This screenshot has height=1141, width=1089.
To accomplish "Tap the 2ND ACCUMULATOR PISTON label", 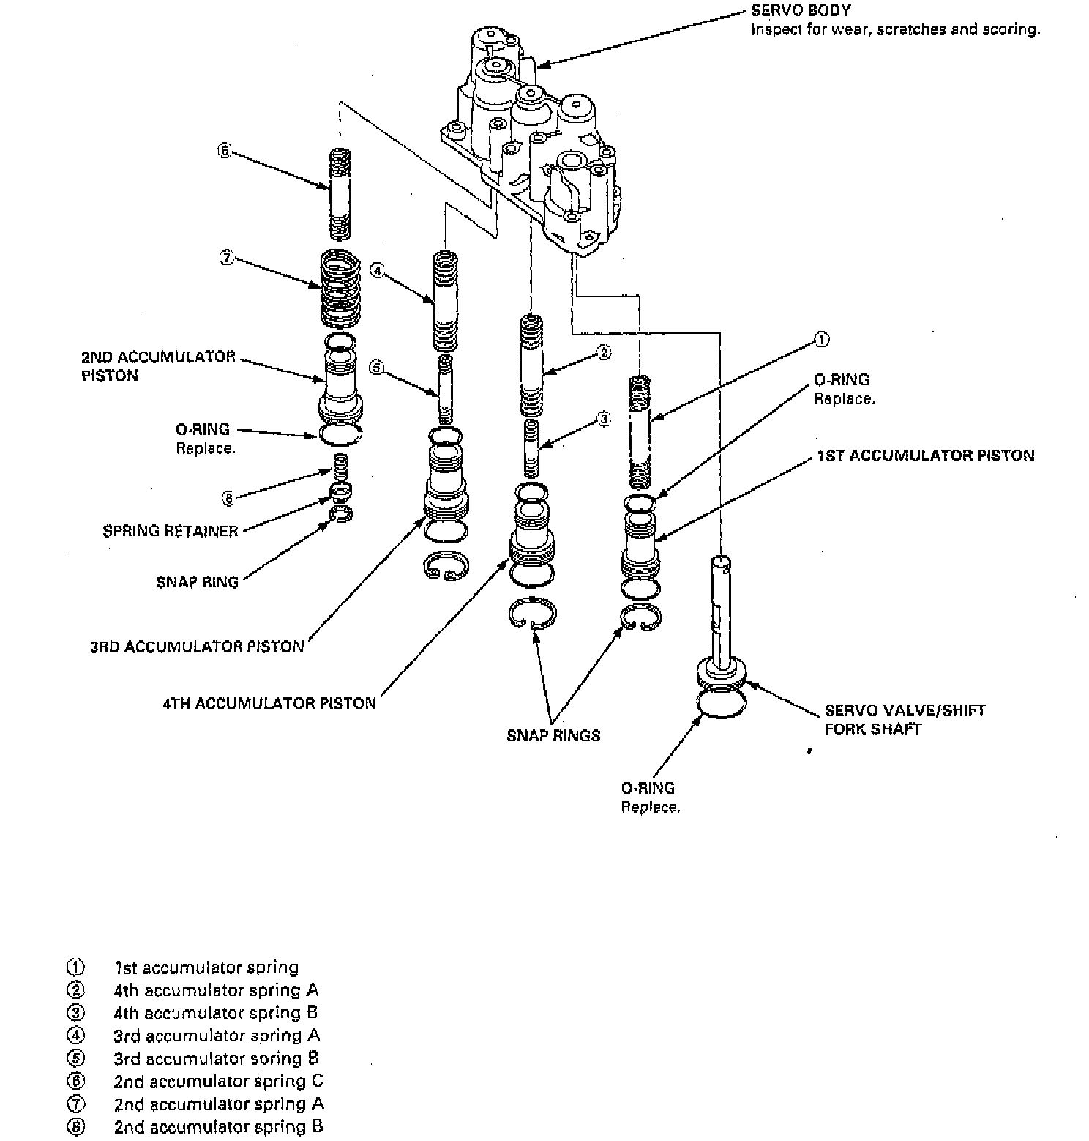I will point(158,366).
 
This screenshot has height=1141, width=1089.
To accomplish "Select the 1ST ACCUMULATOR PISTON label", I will point(926,456).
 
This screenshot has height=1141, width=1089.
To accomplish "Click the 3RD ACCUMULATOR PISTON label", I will point(197,647).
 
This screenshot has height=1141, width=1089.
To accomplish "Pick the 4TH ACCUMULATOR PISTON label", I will point(269,704).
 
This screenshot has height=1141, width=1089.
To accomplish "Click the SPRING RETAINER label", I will point(171,532).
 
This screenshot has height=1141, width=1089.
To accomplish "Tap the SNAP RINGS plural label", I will point(553,736).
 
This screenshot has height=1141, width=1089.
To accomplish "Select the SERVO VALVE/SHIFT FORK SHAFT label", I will point(905,720).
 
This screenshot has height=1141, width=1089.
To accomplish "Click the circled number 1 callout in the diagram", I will point(822,340).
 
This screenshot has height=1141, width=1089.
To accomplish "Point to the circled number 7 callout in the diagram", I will point(226,258).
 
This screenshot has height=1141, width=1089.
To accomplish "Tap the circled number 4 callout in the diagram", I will point(377,271).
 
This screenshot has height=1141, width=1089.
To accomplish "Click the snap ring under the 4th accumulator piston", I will point(532,613).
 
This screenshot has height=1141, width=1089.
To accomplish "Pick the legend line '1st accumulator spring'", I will point(206,967).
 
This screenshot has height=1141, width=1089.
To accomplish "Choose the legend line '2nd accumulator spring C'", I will point(218,1082).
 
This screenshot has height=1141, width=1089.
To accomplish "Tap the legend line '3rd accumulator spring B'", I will point(216,1059).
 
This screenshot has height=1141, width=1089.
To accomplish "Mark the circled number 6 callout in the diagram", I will point(224,152).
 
